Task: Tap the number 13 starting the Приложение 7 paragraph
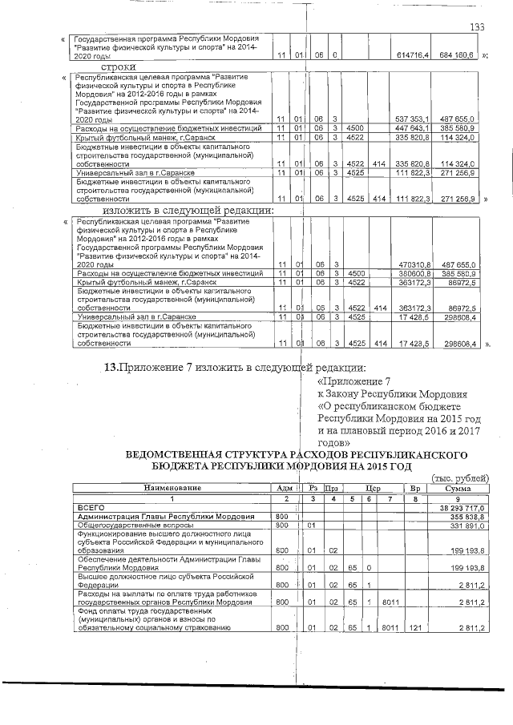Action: pos(112,368)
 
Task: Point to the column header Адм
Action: pos(283,488)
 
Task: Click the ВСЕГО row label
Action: pos(89,508)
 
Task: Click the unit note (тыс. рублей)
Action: pos(459,478)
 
